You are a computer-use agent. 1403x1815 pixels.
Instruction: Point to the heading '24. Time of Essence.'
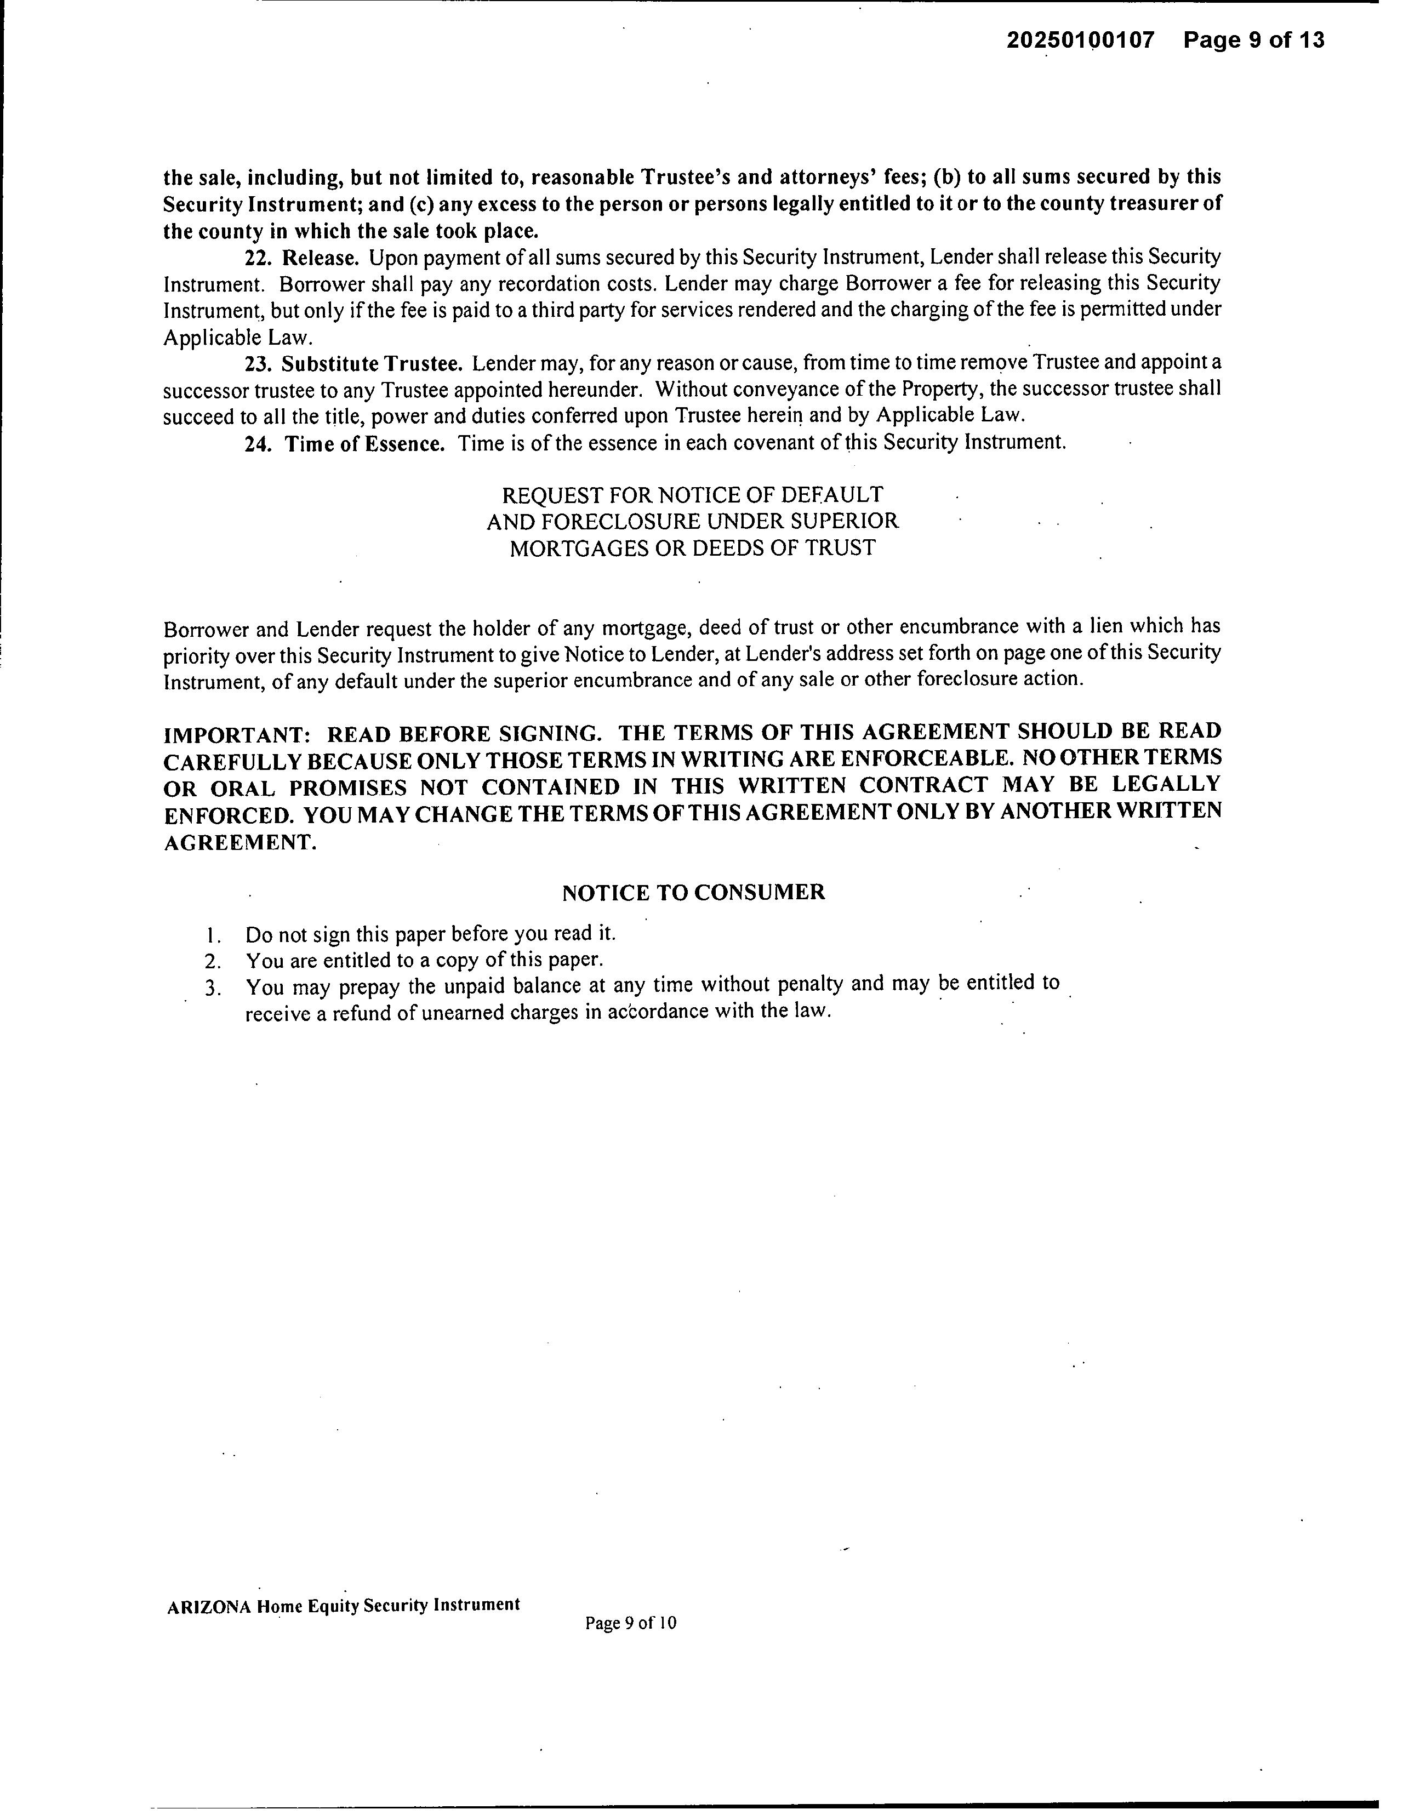point(344,443)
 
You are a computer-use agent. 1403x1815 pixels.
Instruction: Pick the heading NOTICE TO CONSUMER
point(693,893)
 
